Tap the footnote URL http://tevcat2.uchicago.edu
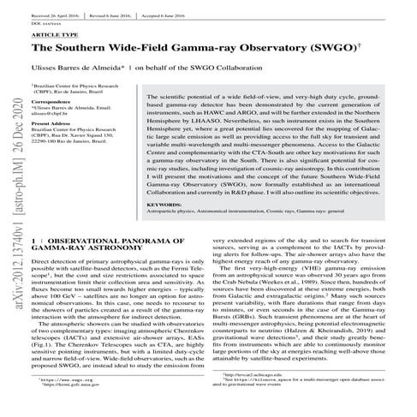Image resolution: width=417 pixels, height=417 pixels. click(251, 397)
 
